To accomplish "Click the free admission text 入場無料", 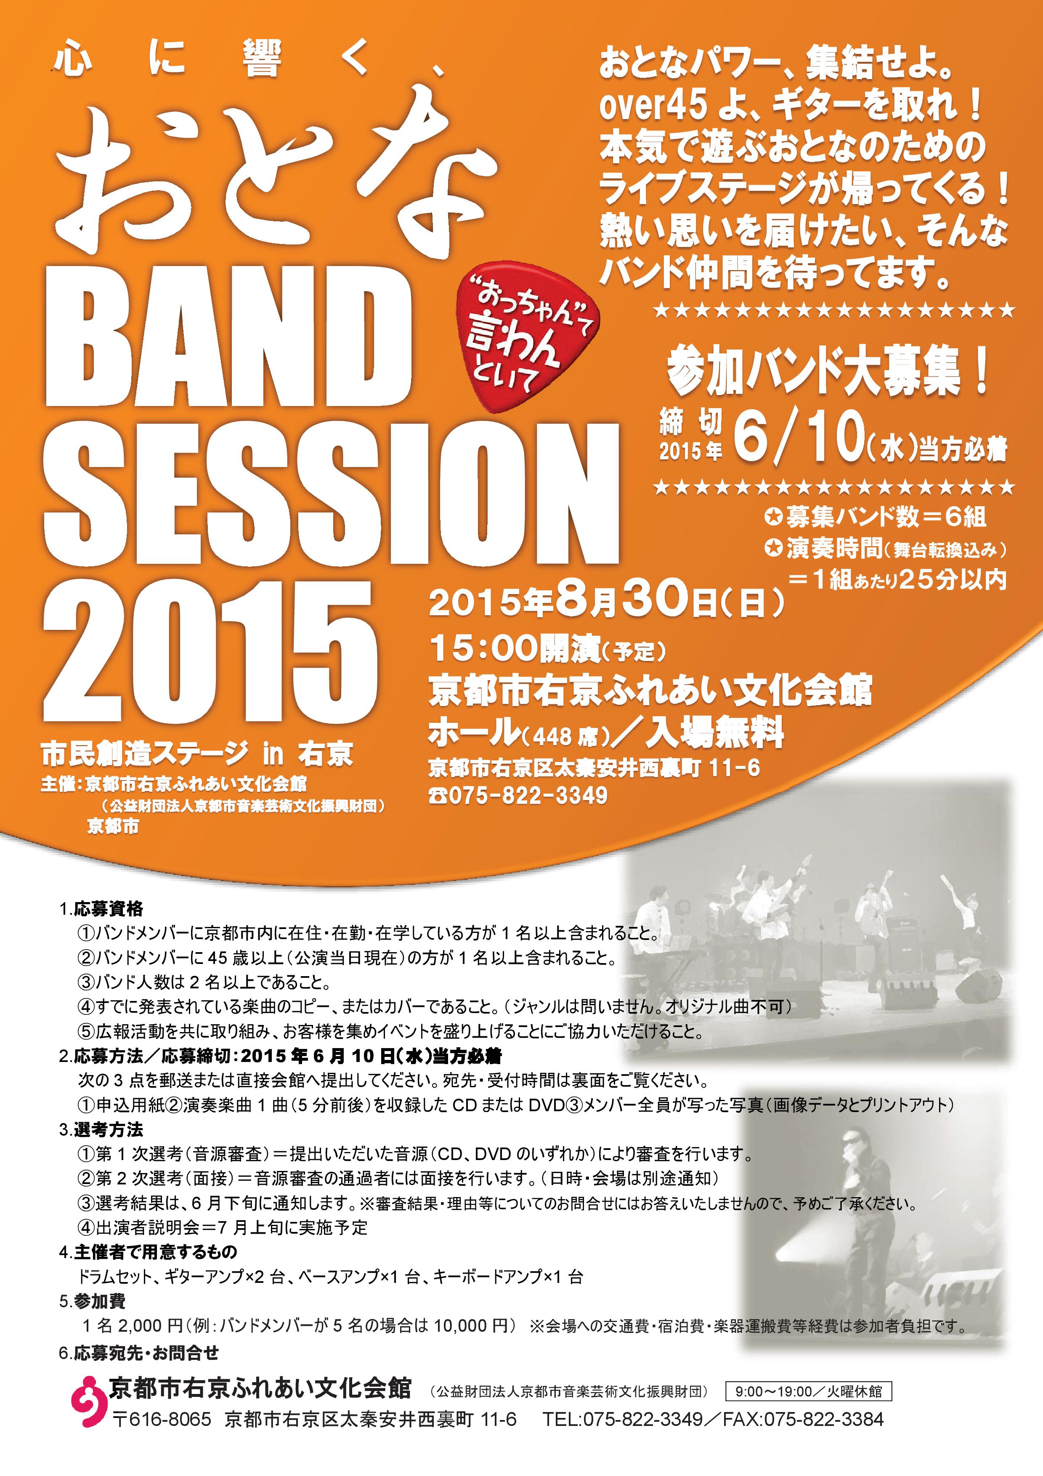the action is tap(714, 733).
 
